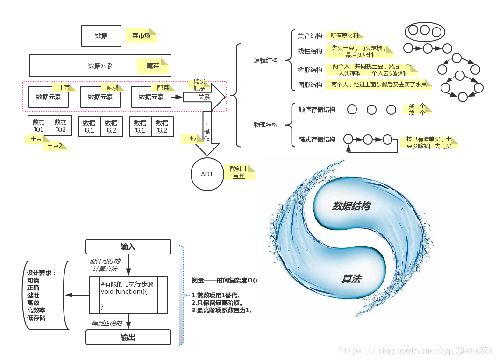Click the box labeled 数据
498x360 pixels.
[101, 36]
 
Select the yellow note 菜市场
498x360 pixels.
[141, 36]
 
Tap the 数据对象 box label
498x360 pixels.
[100, 66]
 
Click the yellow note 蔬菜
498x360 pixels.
[153, 66]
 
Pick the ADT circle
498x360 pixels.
[207, 174]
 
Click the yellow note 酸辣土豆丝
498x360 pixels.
[239, 172]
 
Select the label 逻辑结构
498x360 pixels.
[265, 61]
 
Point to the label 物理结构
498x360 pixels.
[265, 125]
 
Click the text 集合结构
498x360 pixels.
[310, 36]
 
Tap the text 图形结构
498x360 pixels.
[310, 85]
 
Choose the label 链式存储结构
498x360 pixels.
[317, 140]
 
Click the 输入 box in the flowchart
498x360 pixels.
[128, 247]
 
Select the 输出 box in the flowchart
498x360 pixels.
[128, 337]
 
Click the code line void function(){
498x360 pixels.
[124, 292]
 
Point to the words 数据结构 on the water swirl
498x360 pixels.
[351, 206]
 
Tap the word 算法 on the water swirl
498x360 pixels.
[351, 279]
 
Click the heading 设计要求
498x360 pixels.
[41, 273]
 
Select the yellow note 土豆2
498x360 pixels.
[54, 146]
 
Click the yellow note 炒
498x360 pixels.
[193, 139]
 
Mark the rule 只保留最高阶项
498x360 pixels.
[217, 303]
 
